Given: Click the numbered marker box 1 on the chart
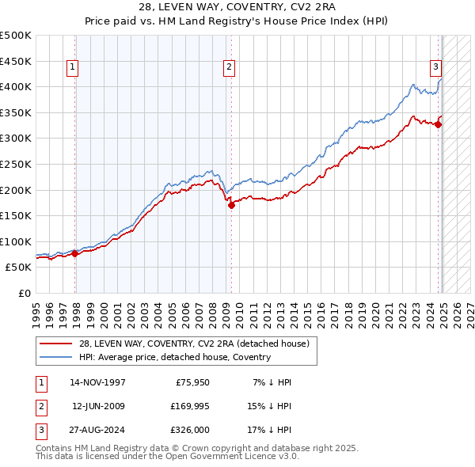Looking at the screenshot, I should point(72,68).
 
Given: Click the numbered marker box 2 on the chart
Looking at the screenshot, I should point(229,68).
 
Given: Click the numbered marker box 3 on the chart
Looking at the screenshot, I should point(435,68).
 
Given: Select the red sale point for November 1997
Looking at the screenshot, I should point(75,254).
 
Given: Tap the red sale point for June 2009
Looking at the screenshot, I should point(231,205).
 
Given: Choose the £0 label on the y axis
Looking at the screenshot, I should point(24,293).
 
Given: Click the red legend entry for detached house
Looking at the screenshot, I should point(198,344).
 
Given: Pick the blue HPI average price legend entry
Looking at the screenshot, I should point(174,357).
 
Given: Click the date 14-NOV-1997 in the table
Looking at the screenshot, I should point(97,382).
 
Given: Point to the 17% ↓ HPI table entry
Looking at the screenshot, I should point(272,430).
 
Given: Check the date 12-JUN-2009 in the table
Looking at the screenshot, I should point(97,406).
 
